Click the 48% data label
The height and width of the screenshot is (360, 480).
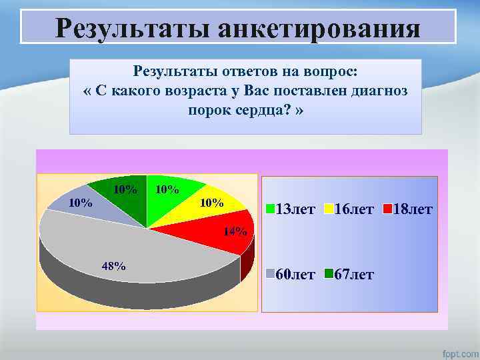pyautogui.click(x=113, y=266)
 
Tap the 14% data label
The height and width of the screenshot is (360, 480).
pyautogui.click(x=235, y=232)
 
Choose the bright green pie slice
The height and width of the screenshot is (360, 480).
pyautogui.click(x=170, y=200)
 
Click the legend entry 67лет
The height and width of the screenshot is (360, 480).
pyautogui.click(x=353, y=274)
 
